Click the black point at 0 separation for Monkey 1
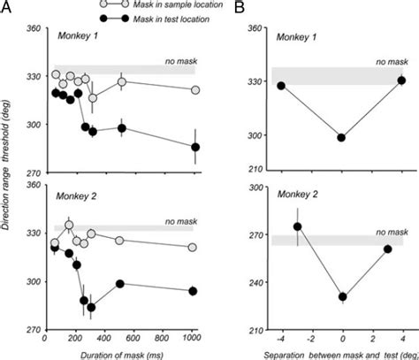tap(341, 138)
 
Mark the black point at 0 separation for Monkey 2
tap(341, 297)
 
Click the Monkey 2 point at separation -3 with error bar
tap(297, 227)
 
